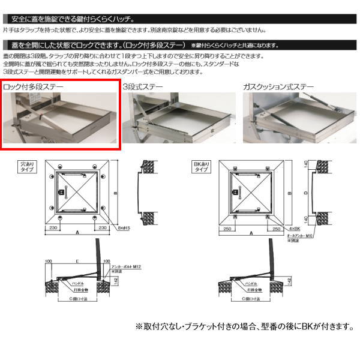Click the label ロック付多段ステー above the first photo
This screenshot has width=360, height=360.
pos(33,88)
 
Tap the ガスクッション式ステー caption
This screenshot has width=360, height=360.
pos(278,88)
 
